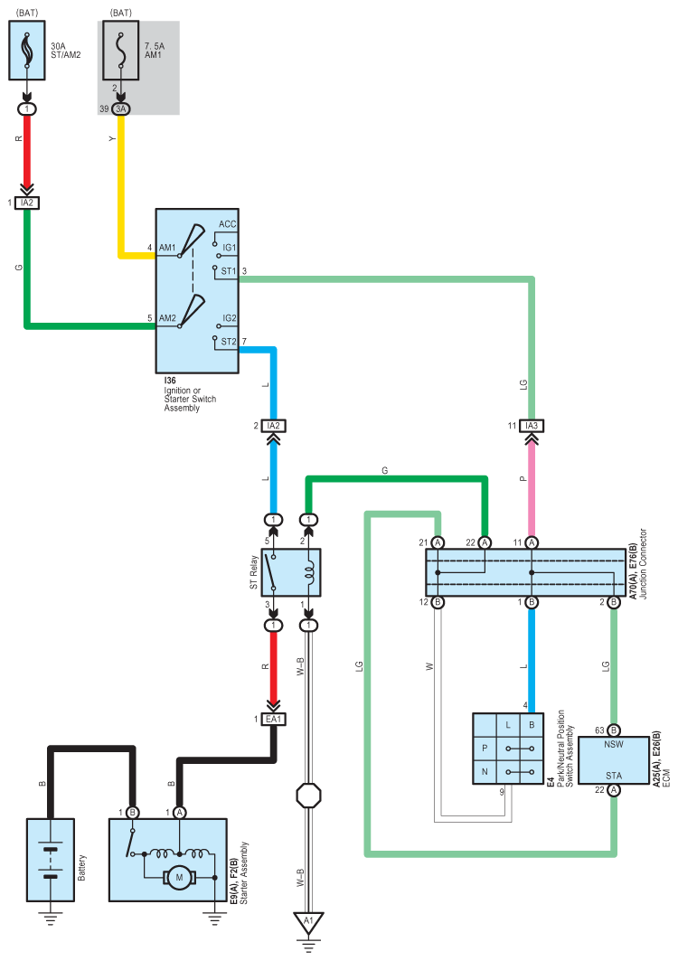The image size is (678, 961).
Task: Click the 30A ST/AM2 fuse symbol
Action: click(27, 51)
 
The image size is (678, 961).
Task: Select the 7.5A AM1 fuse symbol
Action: click(121, 51)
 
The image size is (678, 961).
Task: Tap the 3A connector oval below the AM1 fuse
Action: click(121, 109)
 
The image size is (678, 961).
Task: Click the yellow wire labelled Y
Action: click(122, 184)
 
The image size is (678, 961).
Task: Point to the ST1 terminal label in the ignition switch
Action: click(229, 271)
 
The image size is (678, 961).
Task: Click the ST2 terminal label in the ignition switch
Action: click(229, 342)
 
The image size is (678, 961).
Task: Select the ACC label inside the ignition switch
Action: click(228, 224)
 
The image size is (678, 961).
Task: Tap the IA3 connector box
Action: click(532, 425)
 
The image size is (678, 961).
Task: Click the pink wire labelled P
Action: click(532, 490)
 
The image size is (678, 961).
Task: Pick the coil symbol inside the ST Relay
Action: click(309, 572)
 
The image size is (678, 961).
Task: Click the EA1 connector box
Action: click(273, 719)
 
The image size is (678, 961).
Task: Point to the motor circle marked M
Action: click(180, 878)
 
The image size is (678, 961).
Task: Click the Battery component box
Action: click(51, 860)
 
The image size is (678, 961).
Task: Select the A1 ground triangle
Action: click(308, 921)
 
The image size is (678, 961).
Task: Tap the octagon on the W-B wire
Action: click(309, 796)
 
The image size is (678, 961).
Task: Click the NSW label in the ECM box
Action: click(614, 744)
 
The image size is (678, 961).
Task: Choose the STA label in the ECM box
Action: click(614, 776)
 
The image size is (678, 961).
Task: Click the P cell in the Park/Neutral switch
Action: click(485, 749)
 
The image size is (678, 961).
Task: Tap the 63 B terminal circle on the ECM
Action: click(614, 730)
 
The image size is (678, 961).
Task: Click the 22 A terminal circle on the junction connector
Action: click(485, 542)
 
